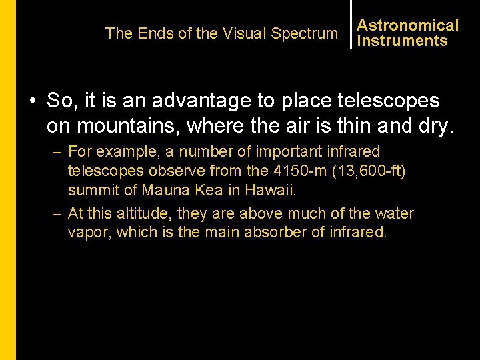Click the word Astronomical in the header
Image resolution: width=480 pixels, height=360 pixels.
click(x=407, y=25)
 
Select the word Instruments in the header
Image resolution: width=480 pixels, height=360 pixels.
click(x=402, y=41)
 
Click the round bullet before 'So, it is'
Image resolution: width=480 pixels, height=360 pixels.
click(x=32, y=101)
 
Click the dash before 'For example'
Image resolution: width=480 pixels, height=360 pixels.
click(x=57, y=152)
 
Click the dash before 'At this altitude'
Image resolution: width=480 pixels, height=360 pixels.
click(x=57, y=214)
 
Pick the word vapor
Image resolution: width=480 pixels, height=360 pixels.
click(x=88, y=233)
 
